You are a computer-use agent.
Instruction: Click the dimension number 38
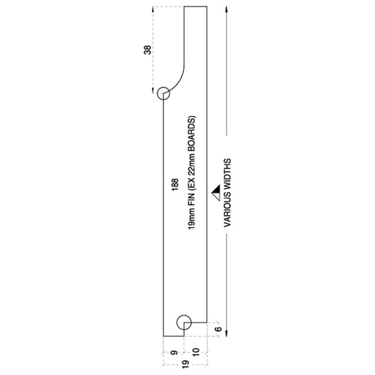(x=148, y=50)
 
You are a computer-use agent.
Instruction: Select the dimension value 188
(x=175, y=185)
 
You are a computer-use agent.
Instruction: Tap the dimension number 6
(x=218, y=329)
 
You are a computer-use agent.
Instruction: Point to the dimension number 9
(x=174, y=352)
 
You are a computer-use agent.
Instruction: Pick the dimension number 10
(x=195, y=352)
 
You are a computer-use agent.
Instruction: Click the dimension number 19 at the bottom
(x=186, y=364)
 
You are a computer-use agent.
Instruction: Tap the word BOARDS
(x=192, y=130)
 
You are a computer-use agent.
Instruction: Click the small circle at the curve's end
(x=164, y=87)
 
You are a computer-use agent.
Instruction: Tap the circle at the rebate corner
(x=184, y=315)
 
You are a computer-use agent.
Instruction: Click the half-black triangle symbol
(x=216, y=193)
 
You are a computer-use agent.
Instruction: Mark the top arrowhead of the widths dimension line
(x=226, y=9)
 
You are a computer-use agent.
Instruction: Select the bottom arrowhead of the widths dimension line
(x=226, y=333)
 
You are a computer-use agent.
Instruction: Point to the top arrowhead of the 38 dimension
(x=153, y=9)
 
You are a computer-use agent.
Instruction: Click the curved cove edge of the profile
(x=180, y=80)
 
